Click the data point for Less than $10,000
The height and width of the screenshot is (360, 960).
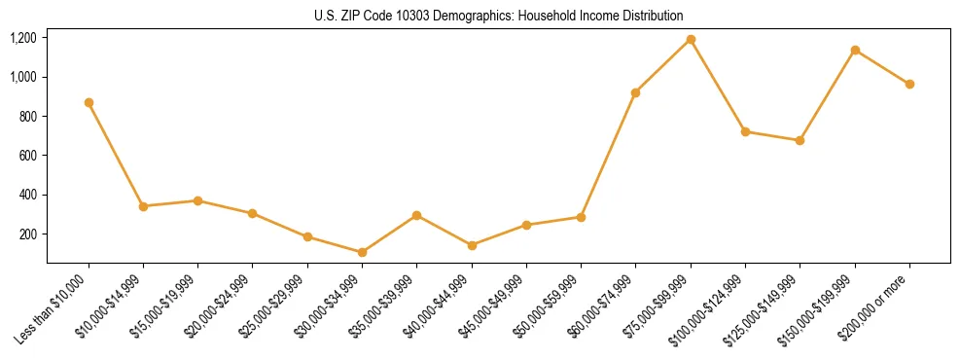coord(89,102)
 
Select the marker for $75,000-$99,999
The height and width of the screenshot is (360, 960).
coord(691,39)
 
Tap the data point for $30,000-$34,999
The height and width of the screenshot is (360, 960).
coord(362,252)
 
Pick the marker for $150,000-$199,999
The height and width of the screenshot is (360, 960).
coord(855,50)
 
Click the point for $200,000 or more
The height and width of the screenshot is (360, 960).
coord(909,84)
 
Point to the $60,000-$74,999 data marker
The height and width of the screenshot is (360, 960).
coord(636,92)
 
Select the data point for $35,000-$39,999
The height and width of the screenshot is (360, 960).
coord(416,215)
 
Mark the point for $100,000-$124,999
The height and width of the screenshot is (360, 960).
coord(745,131)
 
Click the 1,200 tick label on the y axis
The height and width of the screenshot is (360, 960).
coord(23,38)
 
